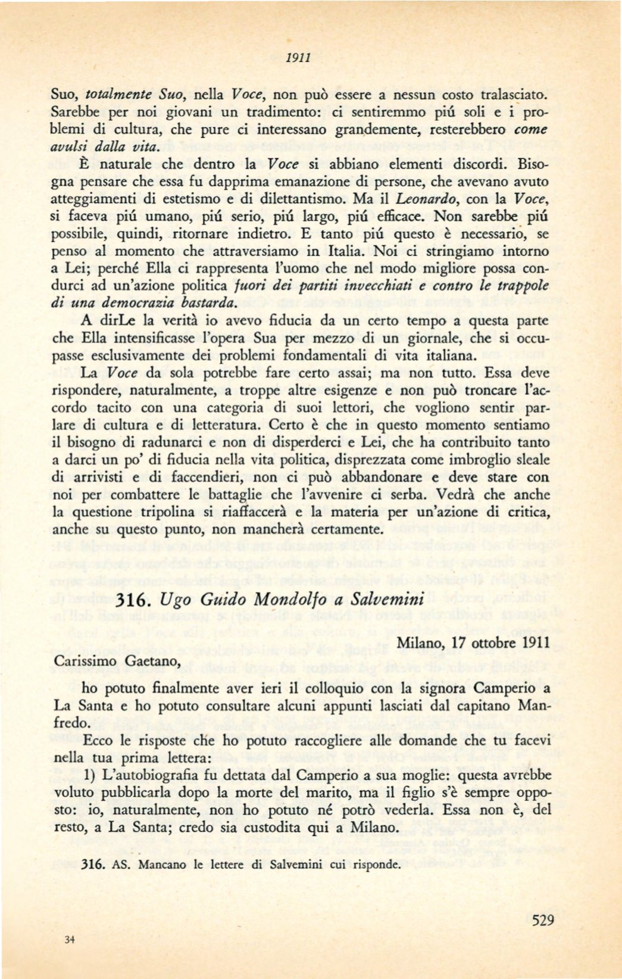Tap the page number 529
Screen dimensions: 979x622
point(542,920)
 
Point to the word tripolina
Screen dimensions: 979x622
point(167,512)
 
